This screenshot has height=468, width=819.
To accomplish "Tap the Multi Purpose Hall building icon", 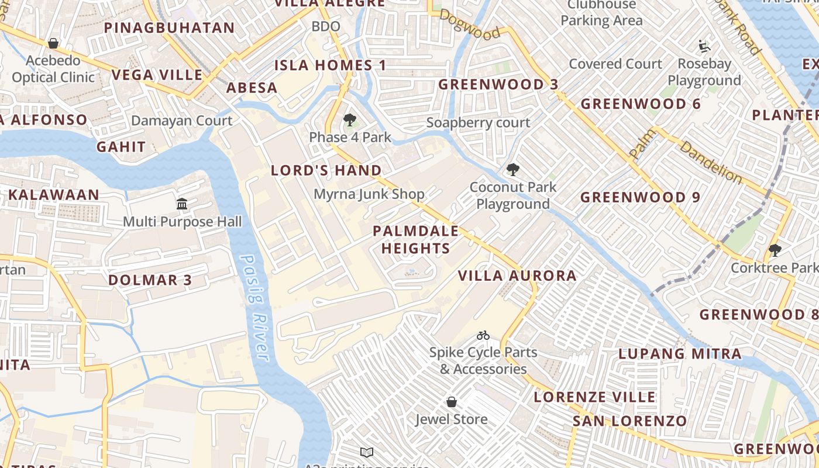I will [182, 204].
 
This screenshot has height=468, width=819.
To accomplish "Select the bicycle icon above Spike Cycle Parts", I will [483, 335].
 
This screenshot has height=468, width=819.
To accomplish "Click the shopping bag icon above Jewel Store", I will [452, 402].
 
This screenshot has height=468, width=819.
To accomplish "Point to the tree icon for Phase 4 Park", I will [350, 121].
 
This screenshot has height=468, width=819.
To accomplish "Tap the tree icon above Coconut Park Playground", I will [512, 170].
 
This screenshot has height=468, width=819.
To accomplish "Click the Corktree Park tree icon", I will [775, 250].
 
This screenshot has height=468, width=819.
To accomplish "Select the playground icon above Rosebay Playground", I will [704, 46].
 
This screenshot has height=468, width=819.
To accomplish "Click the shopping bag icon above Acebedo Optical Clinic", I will [53, 43].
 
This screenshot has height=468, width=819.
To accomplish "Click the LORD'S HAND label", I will [326, 171].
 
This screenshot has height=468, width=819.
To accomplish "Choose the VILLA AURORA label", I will [517, 276].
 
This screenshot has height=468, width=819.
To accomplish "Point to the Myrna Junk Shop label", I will [369, 194].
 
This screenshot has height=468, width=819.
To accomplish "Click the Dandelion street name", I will [711, 163].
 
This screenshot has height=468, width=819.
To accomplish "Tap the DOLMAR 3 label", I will [150, 280].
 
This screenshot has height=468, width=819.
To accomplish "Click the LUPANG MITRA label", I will [680, 353].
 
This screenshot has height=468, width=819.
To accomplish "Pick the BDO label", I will [326, 26].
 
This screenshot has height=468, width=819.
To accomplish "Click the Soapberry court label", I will [478, 123].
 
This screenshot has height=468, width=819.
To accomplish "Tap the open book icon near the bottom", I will [367, 452].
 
